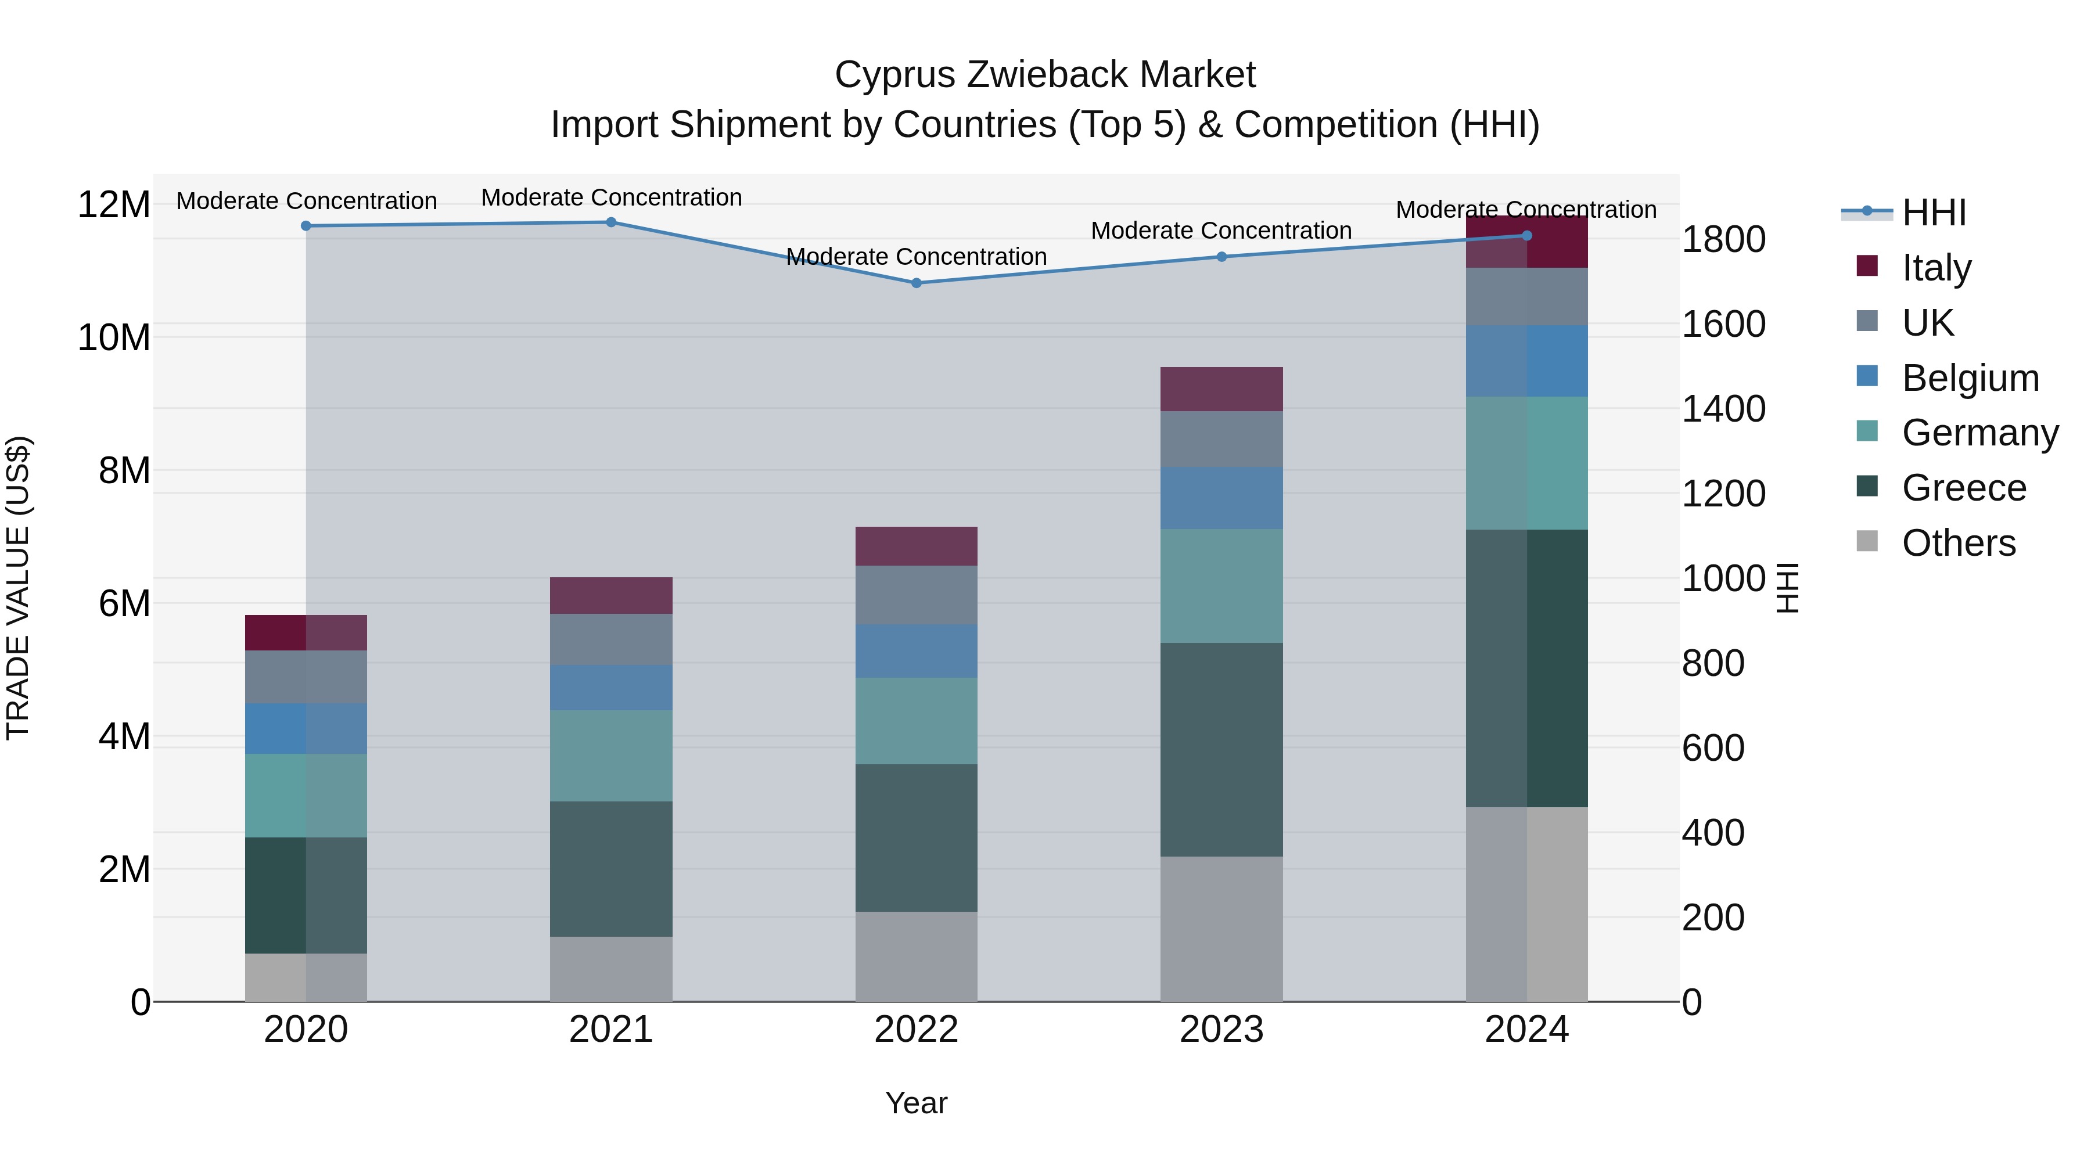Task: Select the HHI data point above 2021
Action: coord(611,222)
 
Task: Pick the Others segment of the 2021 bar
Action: coord(611,969)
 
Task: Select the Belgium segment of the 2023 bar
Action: coord(1221,498)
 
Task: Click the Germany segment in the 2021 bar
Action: coord(611,756)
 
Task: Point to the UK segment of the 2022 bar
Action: coord(917,595)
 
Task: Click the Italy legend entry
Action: coord(1936,267)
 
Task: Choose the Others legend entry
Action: coord(1958,542)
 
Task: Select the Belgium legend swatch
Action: coord(1867,376)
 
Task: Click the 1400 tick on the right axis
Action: coord(1723,409)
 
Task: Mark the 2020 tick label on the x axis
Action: coord(306,1030)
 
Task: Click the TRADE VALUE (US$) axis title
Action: coord(19,588)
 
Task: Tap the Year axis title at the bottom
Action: coord(917,1103)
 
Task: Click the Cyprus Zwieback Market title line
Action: coord(1045,75)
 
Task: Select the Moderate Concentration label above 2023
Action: coord(1221,231)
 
